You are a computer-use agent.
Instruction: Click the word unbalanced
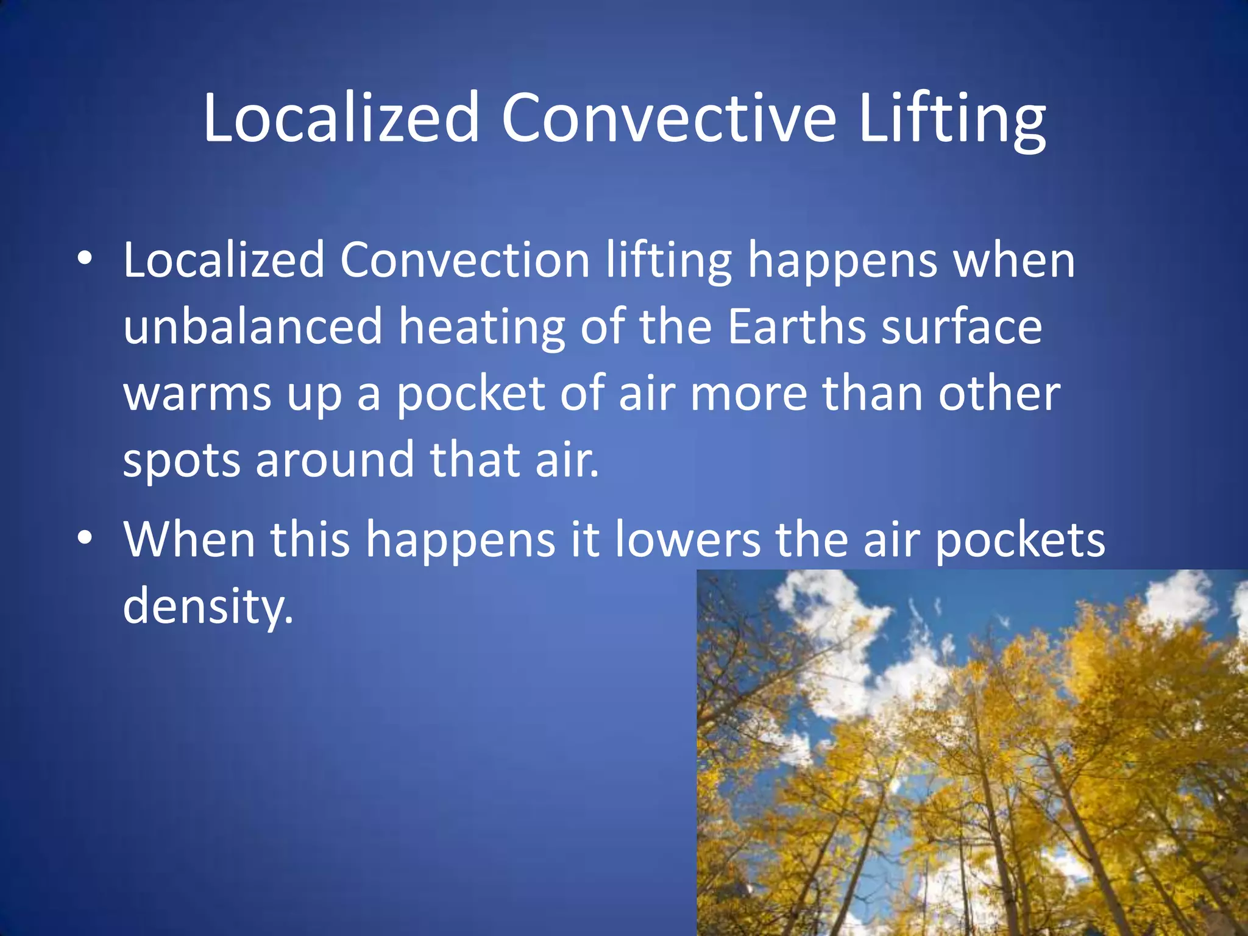coord(253,326)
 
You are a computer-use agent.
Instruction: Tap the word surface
coord(962,326)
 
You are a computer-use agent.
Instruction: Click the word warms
coord(197,393)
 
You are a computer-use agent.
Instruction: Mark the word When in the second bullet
coord(189,539)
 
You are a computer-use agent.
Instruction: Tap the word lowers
coord(688,539)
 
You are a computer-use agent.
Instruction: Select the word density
coord(207,606)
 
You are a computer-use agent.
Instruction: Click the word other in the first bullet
coord(999,393)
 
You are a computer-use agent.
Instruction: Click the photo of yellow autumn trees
coord(972,753)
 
